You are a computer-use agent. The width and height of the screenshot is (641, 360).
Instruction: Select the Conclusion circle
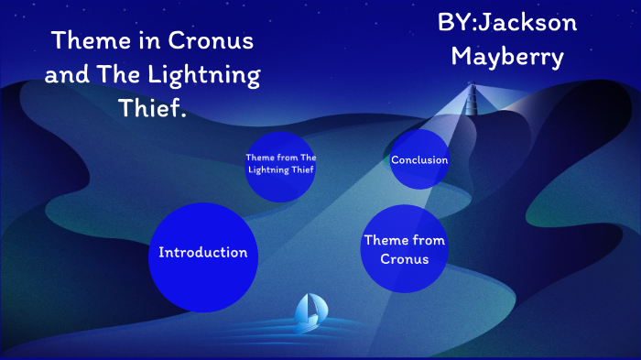(419, 160)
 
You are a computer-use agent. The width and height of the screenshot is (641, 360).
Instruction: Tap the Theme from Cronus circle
(404, 249)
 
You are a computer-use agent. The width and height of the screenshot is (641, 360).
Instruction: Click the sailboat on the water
(308, 314)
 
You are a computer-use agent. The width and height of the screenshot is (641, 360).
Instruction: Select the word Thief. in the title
(153, 109)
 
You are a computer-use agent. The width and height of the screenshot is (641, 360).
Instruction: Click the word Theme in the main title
(88, 41)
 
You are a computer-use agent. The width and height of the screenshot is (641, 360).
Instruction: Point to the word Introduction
(202, 253)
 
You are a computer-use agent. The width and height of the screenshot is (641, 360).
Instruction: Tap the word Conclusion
(419, 160)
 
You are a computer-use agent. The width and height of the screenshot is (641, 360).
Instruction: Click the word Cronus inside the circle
(404, 259)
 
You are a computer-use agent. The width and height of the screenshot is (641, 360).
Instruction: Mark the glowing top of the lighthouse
(473, 89)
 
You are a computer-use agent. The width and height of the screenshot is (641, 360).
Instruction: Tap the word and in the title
(67, 75)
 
